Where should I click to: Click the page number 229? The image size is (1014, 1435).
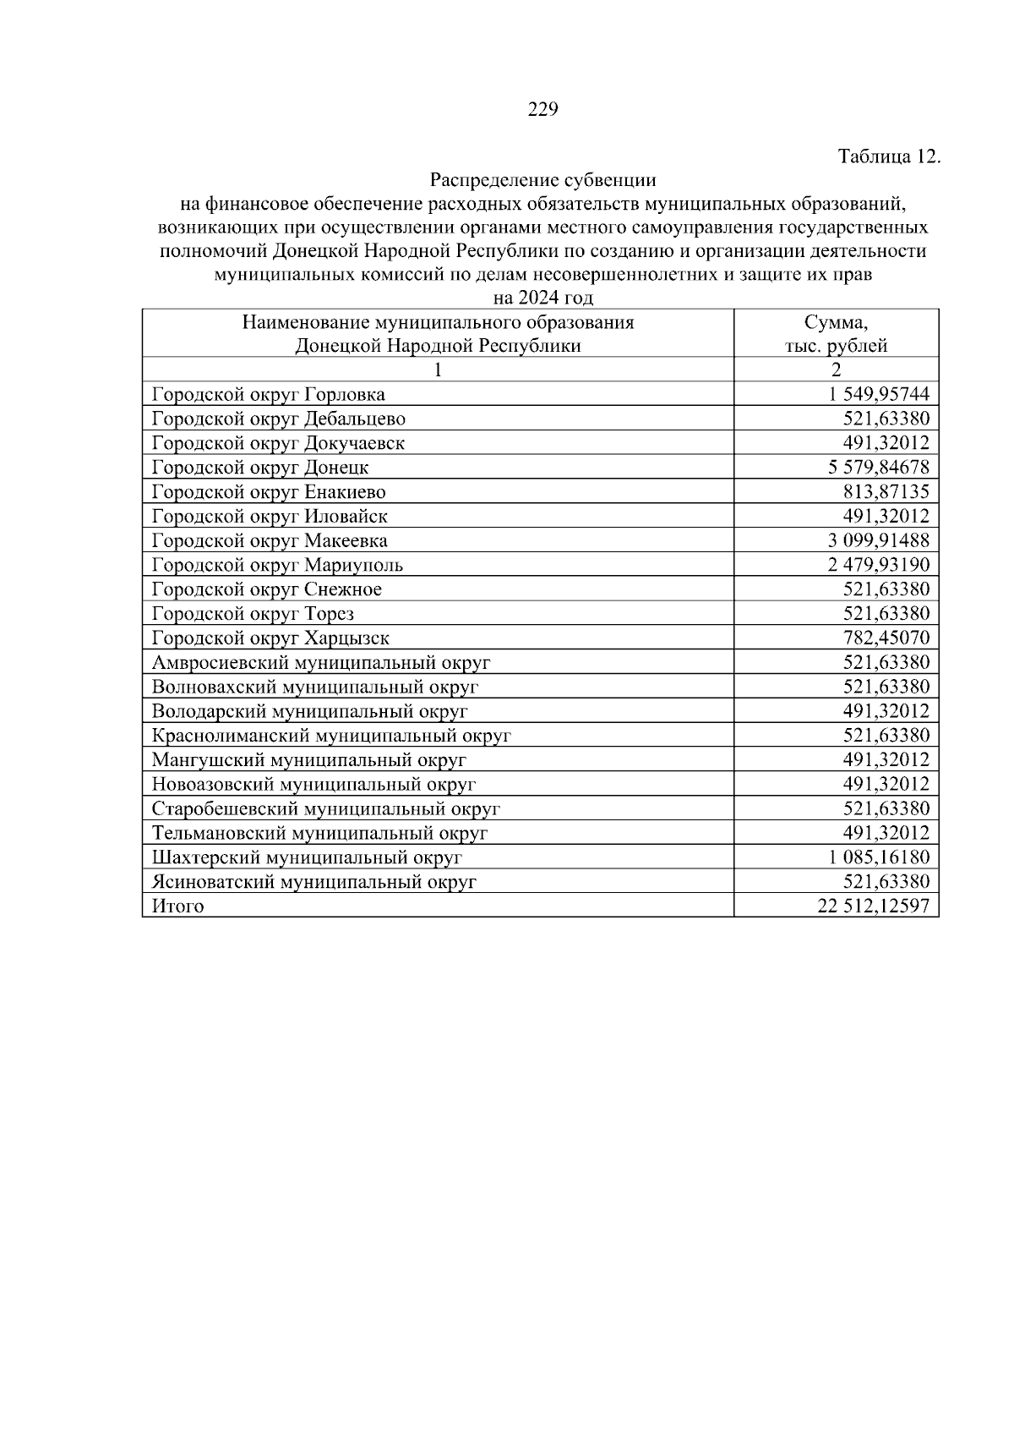point(542,110)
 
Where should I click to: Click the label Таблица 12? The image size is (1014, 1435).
point(888,157)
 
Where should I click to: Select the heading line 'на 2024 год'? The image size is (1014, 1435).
point(542,298)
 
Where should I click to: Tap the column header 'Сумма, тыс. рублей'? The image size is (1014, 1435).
point(836,333)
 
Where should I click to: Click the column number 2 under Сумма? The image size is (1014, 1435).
point(836,370)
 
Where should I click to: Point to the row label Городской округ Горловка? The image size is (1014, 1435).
point(268,395)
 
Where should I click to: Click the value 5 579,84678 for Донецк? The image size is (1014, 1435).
point(879,468)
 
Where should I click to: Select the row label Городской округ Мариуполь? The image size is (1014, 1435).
point(277,565)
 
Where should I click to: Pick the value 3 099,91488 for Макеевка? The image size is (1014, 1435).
point(879,540)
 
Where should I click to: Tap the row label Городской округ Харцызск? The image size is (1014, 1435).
point(270,638)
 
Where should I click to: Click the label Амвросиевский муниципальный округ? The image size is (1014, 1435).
point(321,663)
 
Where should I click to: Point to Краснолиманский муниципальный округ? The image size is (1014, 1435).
point(331,736)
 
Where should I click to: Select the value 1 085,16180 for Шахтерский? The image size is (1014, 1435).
point(879,857)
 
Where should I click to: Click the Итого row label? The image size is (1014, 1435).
point(177,906)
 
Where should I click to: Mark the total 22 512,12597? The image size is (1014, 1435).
point(874,906)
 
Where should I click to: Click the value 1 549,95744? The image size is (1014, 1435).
point(879,394)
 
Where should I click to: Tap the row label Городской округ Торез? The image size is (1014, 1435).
point(253,614)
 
